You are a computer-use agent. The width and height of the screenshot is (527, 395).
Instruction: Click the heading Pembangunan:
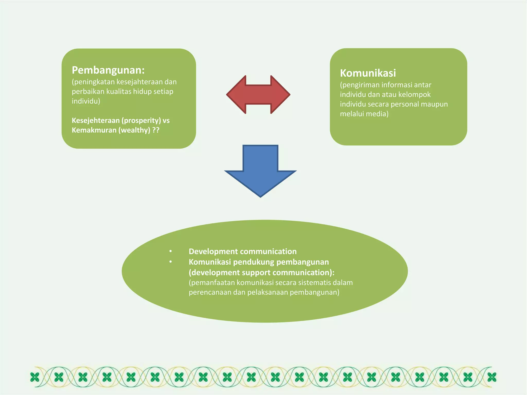point(108,70)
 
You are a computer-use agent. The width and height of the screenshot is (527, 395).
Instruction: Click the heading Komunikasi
point(368,73)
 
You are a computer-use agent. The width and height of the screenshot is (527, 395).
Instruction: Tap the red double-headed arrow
point(258,95)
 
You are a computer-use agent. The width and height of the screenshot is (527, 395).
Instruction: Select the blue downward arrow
point(260,170)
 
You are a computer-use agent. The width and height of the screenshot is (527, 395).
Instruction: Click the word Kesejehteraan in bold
point(95,120)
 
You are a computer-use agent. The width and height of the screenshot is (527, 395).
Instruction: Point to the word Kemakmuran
point(94,130)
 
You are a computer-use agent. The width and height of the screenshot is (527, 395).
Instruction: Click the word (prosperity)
point(141,121)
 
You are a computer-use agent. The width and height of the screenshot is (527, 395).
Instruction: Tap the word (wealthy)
point(134,130)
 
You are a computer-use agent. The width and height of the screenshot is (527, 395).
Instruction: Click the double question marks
point(156,130)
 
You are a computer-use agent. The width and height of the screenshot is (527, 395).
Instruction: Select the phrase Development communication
point(242,252)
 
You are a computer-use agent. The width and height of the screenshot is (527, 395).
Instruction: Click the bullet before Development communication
point(170,251)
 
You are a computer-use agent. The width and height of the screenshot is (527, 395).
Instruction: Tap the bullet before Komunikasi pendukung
point(170,262)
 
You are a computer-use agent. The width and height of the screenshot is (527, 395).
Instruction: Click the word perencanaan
point(210,292)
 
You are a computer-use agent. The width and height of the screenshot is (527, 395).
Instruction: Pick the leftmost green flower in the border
point(35,377)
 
